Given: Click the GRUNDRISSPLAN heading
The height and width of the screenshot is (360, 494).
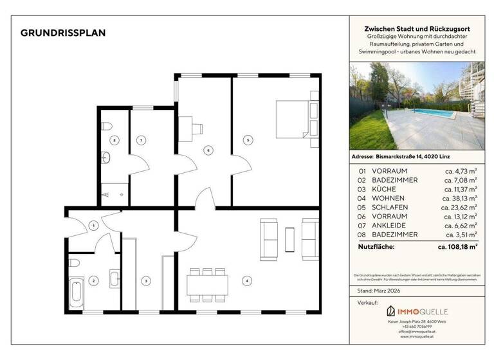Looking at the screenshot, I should (63, 33).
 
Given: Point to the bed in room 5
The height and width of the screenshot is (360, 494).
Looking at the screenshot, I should (294, 120).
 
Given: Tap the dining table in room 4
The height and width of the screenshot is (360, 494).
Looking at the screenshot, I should (207, 283).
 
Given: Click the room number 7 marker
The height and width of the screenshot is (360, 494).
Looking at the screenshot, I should (140, 139).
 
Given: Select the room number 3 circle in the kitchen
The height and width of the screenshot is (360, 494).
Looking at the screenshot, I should (146, 280).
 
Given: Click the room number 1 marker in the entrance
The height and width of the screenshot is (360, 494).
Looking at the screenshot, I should (94, 225).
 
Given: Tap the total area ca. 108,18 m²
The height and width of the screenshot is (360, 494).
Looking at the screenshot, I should (457, 246).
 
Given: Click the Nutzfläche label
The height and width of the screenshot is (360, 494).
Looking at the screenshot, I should (377, 246).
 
